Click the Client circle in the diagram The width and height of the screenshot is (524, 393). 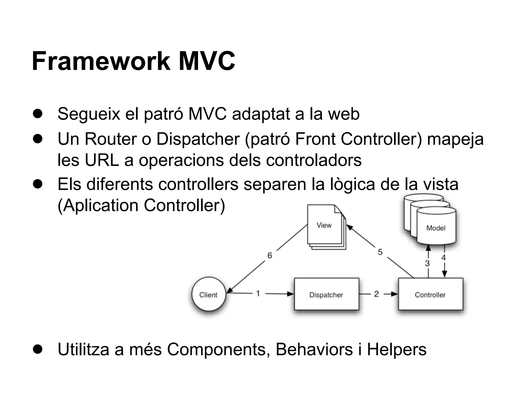(x=209, y=294)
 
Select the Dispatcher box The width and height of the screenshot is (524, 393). (x=326, y=294)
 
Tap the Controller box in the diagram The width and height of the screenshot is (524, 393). (x=430, y=294)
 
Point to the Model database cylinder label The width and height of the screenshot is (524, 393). (x=436, y=228)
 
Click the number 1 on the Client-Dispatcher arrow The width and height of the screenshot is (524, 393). (x=258, y=293)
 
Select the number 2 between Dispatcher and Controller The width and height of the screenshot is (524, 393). (x=376, y=294)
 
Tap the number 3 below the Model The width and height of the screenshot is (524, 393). (x=427, y=263)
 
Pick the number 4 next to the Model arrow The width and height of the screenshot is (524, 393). (x=443, y=258)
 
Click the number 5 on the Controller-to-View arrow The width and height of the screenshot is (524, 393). (x=380, y=252)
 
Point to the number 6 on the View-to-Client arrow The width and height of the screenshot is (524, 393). (x=270, y=255)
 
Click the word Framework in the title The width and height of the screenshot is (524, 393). (x=101, y=61)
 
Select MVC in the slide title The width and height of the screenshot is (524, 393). (x=207, y=61)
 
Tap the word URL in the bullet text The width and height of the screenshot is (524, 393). (x=102, y=160)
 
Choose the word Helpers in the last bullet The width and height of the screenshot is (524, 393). (x=397, y=349)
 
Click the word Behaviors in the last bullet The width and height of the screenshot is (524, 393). (x=314, y=349)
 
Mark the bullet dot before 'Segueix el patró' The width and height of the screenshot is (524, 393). (x=38, y=114)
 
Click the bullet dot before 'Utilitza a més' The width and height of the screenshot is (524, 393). (x=38, y=350)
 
